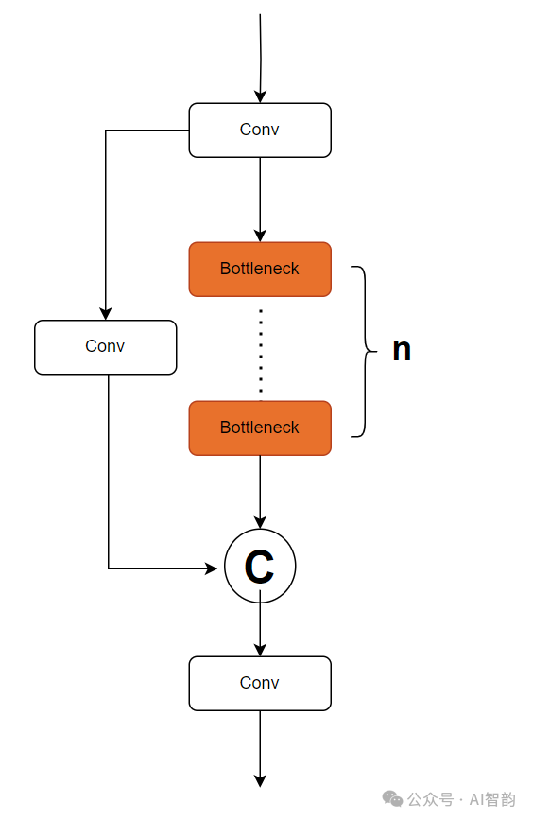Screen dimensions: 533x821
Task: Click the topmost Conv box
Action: pos(260,131)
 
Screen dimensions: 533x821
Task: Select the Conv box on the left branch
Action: pos(106,347)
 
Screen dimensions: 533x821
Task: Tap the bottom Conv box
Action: pos(260,683)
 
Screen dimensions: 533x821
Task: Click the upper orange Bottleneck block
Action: pos(260,270)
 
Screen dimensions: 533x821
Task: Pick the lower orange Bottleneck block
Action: pos(260,428)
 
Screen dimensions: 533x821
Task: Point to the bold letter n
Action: pos(402,350)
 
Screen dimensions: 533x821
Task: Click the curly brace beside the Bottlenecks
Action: pos(365,351)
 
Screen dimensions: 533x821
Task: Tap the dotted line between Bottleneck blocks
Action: pos(261,351)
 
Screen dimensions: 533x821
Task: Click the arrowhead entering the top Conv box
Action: pos(260,96)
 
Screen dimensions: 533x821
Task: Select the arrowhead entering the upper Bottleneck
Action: pos(260,236)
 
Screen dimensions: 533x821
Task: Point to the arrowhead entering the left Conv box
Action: pos(106,314)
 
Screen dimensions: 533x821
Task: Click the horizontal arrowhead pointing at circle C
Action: pos(212,568)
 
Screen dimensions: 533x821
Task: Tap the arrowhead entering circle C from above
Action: pos(260,522)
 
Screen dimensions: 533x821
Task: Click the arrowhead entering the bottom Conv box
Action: pos(260,650)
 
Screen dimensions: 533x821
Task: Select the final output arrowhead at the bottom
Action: pos(260,780)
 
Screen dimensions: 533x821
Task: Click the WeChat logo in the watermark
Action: pos(392,799)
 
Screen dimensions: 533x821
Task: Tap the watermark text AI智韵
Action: pos(492,799)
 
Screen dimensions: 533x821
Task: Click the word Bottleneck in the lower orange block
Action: pos(260,428)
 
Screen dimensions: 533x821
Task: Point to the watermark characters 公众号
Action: pos(430,799)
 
